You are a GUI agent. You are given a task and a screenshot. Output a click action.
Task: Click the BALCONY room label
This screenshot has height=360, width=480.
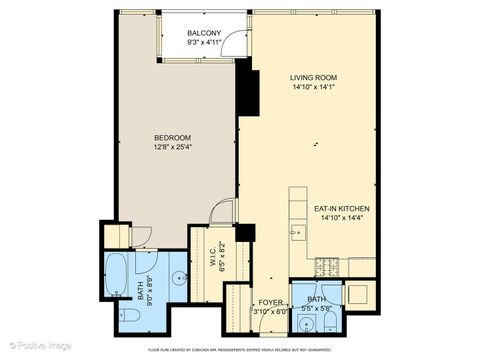(204, 34)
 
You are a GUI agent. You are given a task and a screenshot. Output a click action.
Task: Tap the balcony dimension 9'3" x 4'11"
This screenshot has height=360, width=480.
(204, 44)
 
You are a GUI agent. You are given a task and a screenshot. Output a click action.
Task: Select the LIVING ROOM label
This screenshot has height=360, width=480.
(312, 77)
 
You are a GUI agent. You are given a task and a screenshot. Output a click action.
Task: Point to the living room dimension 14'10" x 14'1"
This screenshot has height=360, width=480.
(312, 87)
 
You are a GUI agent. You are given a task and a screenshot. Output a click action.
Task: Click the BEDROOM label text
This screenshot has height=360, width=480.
(172, 137)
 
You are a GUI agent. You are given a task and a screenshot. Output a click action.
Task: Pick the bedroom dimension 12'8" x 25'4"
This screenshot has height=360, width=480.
(172, 147)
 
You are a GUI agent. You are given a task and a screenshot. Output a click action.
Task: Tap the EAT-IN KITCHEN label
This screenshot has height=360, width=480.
(341, 208)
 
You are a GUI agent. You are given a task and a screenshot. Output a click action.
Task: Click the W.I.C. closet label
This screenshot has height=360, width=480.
(212, 256)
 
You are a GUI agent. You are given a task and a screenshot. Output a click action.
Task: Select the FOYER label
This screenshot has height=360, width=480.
(270, 300)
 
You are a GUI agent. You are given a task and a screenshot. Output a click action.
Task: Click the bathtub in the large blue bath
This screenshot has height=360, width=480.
(117, 271)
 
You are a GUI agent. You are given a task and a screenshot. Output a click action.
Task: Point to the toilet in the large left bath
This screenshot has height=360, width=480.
(129, 317)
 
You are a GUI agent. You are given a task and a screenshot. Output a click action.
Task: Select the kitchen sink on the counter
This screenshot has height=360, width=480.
(298, 234)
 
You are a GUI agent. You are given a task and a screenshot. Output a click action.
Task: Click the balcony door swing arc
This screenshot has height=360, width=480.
(236, 44)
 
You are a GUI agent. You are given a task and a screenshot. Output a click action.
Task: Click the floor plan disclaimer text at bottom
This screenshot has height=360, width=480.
(240, 351)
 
